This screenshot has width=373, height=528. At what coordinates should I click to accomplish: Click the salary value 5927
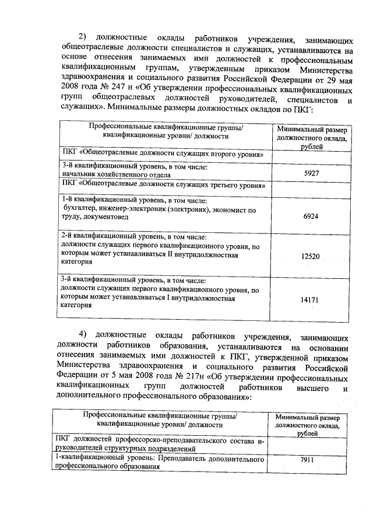[x=311, y=174]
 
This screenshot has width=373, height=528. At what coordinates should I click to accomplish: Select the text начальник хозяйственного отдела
[x=116, y=174]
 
